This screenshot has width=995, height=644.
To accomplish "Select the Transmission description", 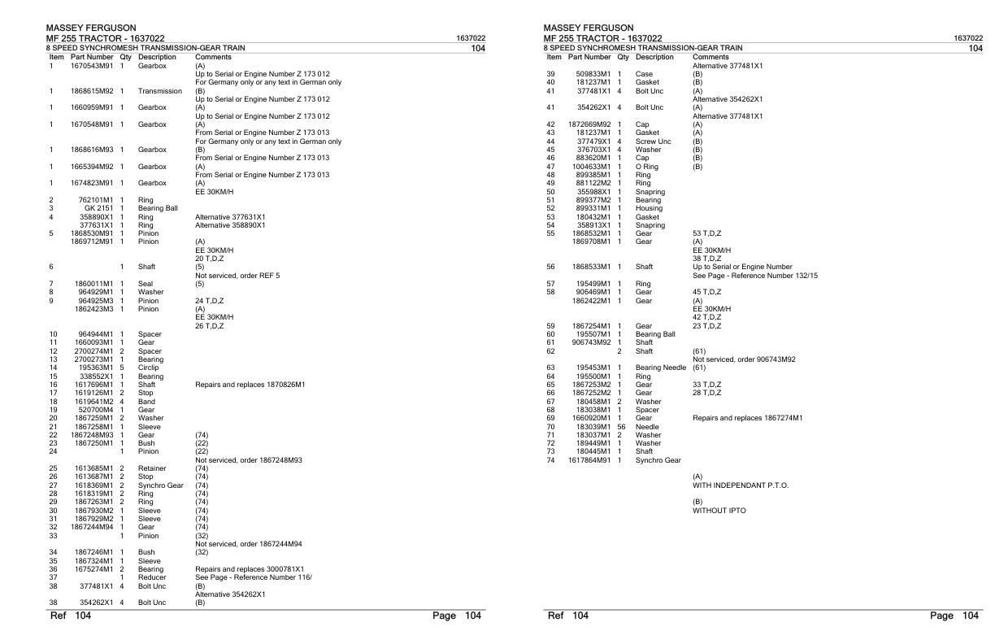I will click(x=159, y=91).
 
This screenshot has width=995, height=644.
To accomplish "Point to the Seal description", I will click(x=146, y=284).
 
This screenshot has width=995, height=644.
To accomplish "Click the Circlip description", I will click(x=150, y=368).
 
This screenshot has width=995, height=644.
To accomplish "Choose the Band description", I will click(x=146, y=401).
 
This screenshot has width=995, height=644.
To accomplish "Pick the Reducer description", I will click(x=153, y=577).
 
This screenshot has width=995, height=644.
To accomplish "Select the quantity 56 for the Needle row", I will click(x=621, y=426).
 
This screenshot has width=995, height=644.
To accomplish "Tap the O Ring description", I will click(x=648, y=167).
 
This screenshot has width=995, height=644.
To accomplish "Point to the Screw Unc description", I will click(x=653, y=141).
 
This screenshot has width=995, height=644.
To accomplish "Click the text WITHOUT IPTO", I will click(x=719, y=511).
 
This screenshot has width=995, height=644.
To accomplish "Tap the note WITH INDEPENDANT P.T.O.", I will click(x=740, y=485).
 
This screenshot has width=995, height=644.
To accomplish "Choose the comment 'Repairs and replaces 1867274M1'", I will click(x=747, y=418).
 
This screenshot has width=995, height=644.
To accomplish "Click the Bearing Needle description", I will click(x=660, y=368).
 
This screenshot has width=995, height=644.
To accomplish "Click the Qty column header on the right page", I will click(x=624, y=57).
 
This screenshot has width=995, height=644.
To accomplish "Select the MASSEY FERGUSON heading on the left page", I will click(x=91, y=28).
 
